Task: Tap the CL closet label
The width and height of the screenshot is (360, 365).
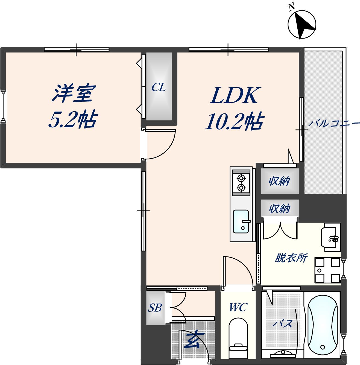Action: tap(159, 88)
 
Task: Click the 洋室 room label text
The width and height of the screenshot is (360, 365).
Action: tap(73, 94)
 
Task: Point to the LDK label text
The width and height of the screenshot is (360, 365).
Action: tap(234, 96)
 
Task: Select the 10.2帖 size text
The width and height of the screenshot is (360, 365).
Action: tap(234, 121)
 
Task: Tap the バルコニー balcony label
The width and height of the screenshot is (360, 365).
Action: tap(334, 124)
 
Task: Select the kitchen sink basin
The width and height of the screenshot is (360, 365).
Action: tap(241, 221)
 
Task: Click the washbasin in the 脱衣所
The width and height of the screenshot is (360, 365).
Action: tap(332, 237)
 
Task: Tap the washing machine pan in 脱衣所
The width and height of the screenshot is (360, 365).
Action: tap(327, 270)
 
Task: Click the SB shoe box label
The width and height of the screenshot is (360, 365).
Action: tap(155, 308)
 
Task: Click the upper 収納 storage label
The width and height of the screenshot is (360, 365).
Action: tap(279, 181)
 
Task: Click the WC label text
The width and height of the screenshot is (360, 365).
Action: tap(238, 308)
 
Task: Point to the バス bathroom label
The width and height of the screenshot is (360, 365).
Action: tap(283, 324)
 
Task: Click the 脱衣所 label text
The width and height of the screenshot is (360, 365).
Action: tap(291, 258)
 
